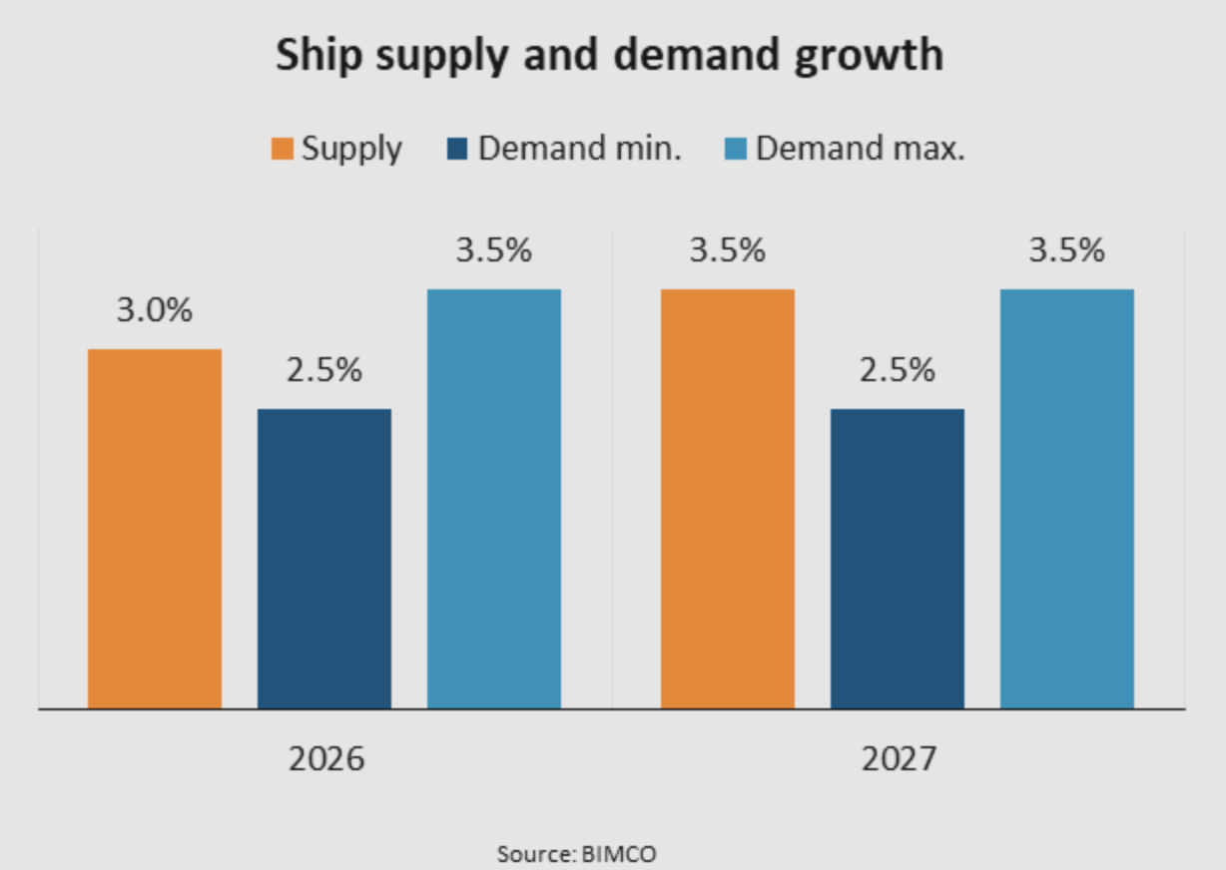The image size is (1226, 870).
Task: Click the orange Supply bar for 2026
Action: (155, 529)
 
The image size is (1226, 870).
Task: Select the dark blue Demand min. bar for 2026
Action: (324, 559)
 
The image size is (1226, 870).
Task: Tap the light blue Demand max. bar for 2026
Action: (494, 499)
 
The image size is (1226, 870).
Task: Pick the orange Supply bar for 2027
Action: (728, 499)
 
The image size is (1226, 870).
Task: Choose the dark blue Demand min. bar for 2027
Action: (898, 559)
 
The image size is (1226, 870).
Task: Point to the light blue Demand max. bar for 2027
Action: (1067, 499)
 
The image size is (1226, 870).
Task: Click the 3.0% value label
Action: (155, 310)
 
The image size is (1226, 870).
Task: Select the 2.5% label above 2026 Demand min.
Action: (324, 370)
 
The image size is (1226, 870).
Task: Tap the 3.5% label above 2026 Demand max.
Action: (494, 250)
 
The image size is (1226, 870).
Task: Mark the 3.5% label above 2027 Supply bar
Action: (728, 250)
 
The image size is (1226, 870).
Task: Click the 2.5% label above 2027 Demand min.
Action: (898, 370)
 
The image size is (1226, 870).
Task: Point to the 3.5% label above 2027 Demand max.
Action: (1067, 250)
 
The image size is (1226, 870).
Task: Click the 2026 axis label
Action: (326, 760)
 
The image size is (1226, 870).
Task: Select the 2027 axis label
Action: (900, 760)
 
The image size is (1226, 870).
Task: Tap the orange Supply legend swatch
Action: (283, 150)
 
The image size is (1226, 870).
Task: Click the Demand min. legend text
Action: (580, 149)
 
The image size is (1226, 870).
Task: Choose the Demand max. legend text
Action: (860, 149)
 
